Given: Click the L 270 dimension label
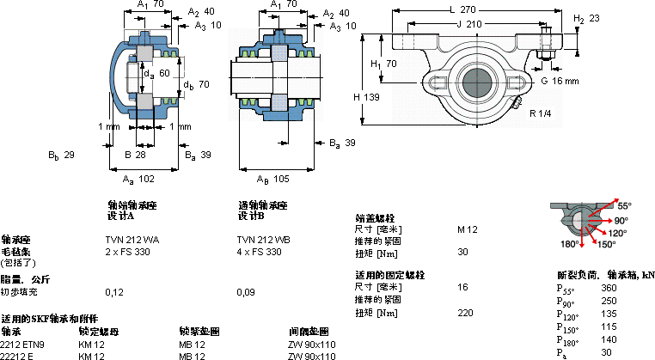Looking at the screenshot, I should [464, 9].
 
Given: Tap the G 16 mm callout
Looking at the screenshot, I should [560, 81].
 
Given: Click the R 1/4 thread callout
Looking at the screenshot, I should [541, 113].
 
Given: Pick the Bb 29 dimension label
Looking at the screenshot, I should [62, 156].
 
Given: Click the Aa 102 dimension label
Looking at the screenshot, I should [138, 179].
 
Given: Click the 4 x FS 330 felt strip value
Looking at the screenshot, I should [259, 252].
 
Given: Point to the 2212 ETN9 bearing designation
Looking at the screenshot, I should [21, 344].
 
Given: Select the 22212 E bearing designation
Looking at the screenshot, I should [18, 355].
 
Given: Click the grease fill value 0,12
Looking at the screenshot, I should [113, 293].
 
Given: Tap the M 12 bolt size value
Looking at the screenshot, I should [468, 229].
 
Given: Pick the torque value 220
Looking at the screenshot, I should [466, 312].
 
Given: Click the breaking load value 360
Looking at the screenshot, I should [609, 288].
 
